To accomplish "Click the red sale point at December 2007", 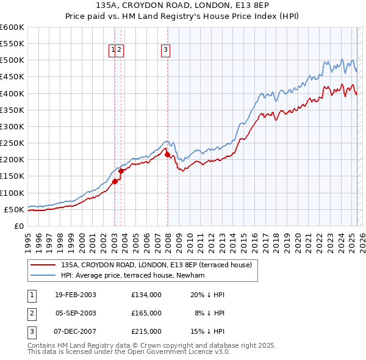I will point(167,155).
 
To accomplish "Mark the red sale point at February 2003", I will point(115,181).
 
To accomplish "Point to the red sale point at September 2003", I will point(121,171).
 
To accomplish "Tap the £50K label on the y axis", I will point(15,209).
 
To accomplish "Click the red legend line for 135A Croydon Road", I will point(43,265).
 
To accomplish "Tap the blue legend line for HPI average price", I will point(43,275).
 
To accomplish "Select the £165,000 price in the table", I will point(146,313).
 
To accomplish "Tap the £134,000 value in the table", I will point(146,295).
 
